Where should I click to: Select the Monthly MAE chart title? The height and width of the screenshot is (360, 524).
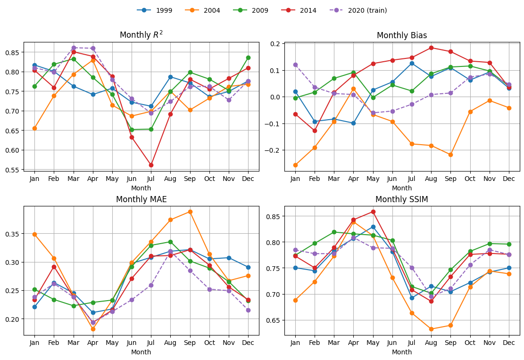point(141,199)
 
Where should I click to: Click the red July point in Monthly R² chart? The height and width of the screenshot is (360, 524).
point(151,165)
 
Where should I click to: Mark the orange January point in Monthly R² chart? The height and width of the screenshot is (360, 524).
point(34,128)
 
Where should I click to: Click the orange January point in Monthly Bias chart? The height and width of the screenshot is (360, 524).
point(295,165)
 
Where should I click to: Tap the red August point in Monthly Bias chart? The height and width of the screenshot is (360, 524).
point(431,48)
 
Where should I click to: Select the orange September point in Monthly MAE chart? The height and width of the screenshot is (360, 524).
point(190,212)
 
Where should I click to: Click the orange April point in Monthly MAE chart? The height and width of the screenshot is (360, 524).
point(93,329)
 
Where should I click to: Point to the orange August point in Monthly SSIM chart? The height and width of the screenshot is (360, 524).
point(431,329)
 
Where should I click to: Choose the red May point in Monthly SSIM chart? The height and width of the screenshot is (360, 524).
point(373,212)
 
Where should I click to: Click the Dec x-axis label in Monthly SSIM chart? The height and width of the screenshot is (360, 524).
point(509,343)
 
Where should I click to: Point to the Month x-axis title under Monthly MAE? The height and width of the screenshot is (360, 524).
point(141,352)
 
